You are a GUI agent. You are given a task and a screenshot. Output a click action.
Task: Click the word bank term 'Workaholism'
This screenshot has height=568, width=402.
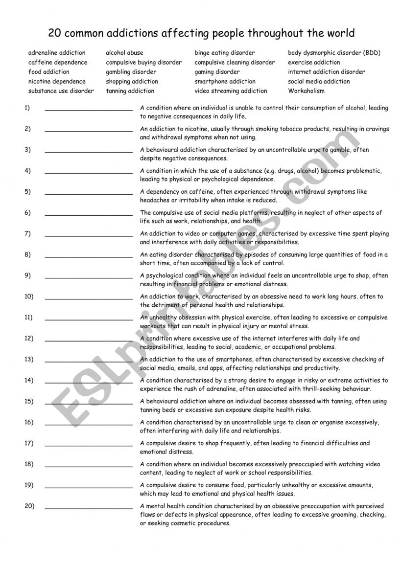coord(306,91)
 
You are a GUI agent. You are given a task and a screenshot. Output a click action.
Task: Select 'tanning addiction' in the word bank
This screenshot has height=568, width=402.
coord(130,91)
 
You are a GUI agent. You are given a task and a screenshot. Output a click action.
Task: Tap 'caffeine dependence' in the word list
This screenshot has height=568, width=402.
coord(58,62)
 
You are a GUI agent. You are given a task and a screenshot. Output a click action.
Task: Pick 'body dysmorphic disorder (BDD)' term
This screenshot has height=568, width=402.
coord(334,53)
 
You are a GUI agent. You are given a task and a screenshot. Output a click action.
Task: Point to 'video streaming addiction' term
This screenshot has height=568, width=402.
coord(231,91)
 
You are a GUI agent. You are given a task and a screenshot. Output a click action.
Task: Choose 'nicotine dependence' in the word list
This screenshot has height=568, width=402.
coord(57,81)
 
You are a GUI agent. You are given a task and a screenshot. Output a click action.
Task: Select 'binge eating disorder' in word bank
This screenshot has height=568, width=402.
coord(224,53)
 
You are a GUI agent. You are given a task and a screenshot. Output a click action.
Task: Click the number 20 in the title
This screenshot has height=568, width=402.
coord(54,33)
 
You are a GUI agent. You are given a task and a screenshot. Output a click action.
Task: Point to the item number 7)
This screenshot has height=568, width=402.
coord(27,233)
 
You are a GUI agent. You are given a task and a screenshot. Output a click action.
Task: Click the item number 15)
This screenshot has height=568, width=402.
coord(29,401)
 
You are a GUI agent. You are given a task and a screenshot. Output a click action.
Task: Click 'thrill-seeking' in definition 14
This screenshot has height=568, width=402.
coord(309,389)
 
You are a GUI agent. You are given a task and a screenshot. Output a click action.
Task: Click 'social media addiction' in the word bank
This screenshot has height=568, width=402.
coord(319,81)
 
